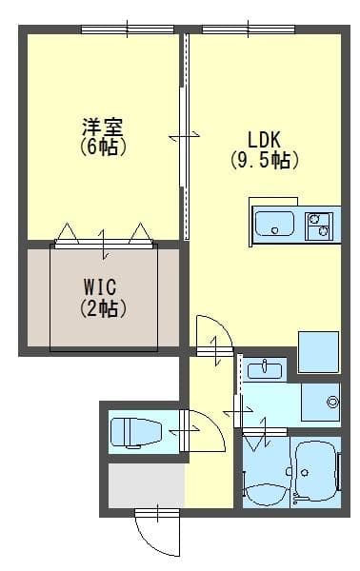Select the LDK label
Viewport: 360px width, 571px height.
click(264, 138)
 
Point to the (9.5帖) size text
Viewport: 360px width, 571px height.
click(264, 160)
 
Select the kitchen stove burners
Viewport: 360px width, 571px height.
click(318, 226)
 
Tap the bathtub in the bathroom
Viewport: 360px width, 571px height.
click(315, 471)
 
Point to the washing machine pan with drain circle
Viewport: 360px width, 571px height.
click(321, 403)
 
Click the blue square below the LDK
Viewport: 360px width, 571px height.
click(318, 352)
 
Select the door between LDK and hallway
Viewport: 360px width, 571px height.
click(214, 338)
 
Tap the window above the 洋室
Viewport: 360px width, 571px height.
click(119, 30)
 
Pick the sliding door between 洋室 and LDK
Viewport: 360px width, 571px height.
click(184, 138)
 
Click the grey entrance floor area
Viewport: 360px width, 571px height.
click(146, 486)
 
